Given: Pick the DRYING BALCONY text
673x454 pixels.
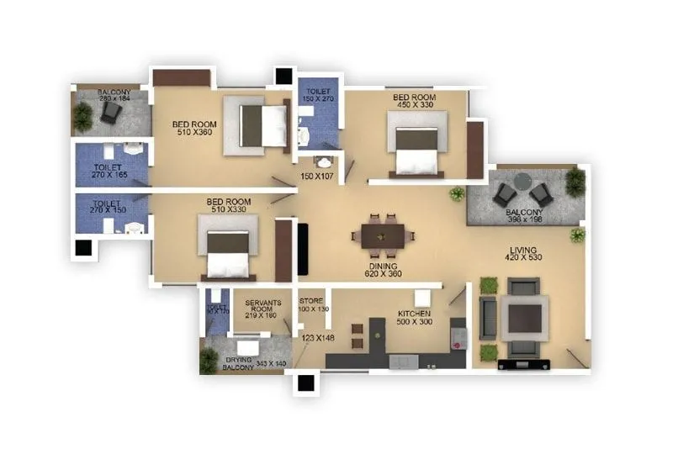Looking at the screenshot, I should coord(238,364).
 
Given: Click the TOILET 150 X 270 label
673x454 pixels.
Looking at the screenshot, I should coord(318,95).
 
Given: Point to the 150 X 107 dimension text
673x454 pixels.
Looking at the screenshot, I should coord(318,177).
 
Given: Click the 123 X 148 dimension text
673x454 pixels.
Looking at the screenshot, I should coord(319,339).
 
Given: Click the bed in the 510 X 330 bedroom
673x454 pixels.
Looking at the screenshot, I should coord(228,245).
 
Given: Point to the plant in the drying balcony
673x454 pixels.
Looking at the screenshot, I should coord(209,361).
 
